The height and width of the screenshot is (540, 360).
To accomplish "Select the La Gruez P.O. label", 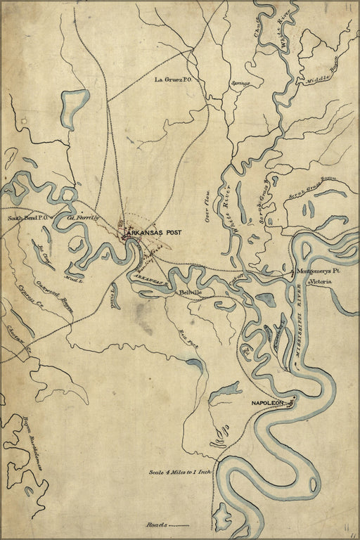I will [179, 80].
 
